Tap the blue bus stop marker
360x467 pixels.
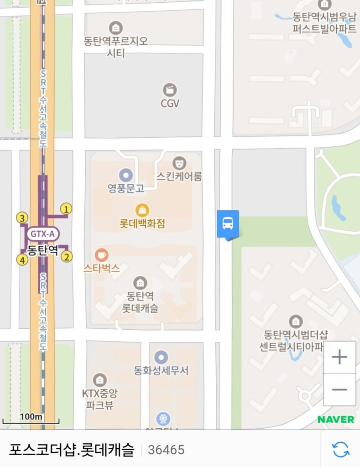[x=227, y=223]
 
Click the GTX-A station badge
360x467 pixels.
[x=43, y=234]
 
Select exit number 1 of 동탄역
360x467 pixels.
[x=67, y=209]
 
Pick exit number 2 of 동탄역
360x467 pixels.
[x=67, y=257]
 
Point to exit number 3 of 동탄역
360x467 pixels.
[x=21, y=218]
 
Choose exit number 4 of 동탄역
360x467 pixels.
[x=21, y=260]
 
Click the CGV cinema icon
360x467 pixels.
[x=170, y=90]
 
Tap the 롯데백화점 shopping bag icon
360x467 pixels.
[x=142, y=210]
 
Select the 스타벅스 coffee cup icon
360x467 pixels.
[x=101, y=254]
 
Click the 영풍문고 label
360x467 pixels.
[x=126, y=187]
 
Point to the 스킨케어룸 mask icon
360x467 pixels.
[x=179, y=163]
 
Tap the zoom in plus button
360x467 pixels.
[x=339, y=357]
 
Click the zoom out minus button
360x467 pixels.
[x=339, y=389]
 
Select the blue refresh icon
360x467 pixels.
[x=340, y=449]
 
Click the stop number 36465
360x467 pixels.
[x=166, y=450]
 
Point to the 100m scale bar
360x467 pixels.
[x=31, y=419]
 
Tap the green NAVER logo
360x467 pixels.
[x=336, y=419]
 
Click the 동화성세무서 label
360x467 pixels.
[x=161, y=370]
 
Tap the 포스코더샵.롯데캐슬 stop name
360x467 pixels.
[x=72, y=450]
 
